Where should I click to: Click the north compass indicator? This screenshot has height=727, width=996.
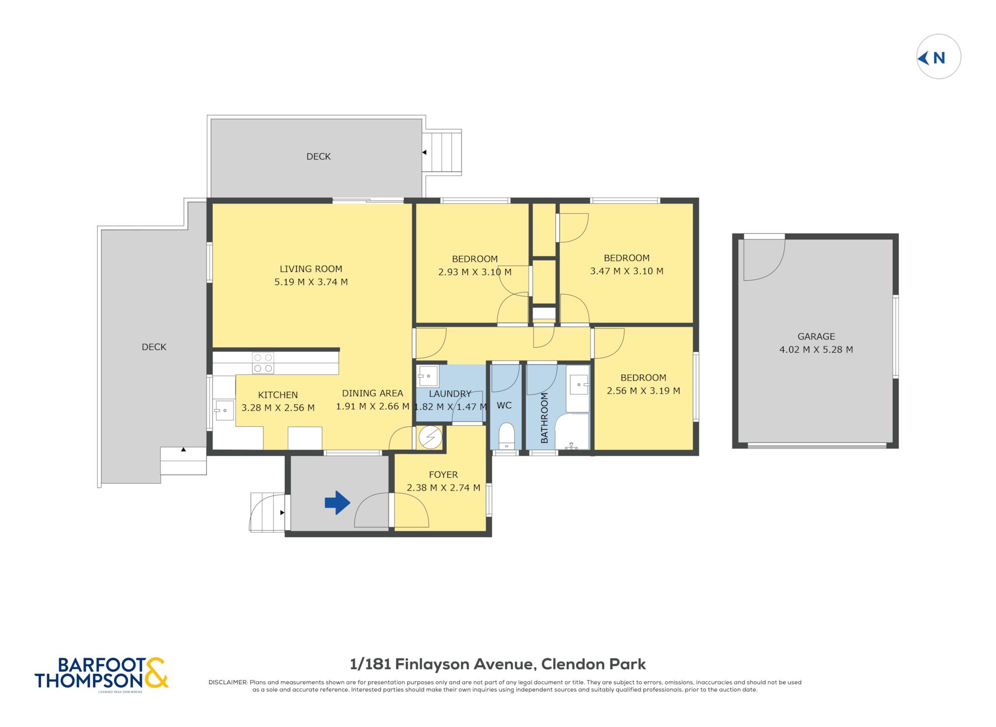point(938,56)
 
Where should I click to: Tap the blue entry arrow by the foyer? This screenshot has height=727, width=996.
point(337,502)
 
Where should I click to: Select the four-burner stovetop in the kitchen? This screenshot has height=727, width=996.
point(263,363)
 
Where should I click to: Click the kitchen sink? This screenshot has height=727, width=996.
point(224,410)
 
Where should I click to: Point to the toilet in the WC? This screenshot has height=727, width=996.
point(506,436)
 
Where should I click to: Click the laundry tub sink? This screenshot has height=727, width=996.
point(427,376)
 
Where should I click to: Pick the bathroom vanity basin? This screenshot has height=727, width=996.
point(579,384)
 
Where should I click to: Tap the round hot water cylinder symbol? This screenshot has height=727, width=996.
point(430,437)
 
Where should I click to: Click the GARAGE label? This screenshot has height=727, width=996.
point(816,336)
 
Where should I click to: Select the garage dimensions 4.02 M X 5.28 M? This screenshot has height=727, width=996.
point(816,349)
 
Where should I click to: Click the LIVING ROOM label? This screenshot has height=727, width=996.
point(311,269)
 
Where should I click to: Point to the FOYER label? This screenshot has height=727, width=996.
point(443,474)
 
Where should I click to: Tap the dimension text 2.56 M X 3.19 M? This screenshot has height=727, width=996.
point(643,391)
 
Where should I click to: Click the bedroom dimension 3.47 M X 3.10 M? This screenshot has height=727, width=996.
point(626,271)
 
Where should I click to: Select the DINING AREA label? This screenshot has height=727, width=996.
point(373,393)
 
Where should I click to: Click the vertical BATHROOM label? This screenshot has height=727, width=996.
point(544,418)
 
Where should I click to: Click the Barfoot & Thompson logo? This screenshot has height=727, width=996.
point(101,674)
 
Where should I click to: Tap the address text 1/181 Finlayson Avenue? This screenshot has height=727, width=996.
point(441,664)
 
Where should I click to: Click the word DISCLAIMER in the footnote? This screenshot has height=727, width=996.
point(228,682)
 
